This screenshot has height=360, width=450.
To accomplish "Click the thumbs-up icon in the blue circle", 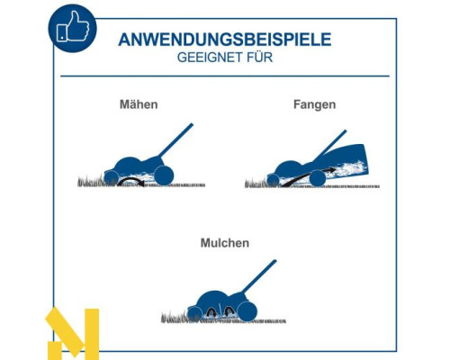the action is pyautogui.click(x=73, y=27).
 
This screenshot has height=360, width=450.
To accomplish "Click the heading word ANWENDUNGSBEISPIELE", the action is pyautogui.click(x=225, y=40).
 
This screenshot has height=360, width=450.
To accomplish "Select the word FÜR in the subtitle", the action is pyautogui.click(x=260, y=57).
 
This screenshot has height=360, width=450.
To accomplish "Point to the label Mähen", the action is pyautogui.click(x=139, y=104).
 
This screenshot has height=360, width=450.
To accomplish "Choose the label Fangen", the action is pyautogui.click(x=314, y=104).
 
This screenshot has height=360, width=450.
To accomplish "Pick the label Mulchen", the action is pyautogui.click(x=225, y=243).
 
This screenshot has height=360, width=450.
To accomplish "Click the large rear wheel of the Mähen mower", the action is pyautogui.click(x=164, y=175).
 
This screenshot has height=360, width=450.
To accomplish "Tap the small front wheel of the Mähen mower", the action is pyautogui.click(x=111, y=177).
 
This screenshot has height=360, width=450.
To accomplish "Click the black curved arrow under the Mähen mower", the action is pyautogui.click(x=130, y=179).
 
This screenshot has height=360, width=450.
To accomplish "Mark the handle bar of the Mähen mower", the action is pyautogui.click(x=175, y=140).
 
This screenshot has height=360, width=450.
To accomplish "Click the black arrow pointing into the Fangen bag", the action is pyautogui.click(x=306, y=175).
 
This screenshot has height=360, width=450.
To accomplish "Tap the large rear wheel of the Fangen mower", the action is pyautogui.click(x=318, y=178).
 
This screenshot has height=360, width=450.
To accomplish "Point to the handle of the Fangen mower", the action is pyautogui.click(x=330, y=146).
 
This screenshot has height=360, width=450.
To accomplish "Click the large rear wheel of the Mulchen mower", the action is pyautogui.click(x=247, y=311).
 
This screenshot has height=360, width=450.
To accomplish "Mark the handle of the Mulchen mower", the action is pyautogui.click(x=258, y=277).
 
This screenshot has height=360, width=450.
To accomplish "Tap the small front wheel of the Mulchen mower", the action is pyautogui.click(x=193, y=314).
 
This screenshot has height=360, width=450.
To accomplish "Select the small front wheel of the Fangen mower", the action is pyautogui.click(x=273, y=180).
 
